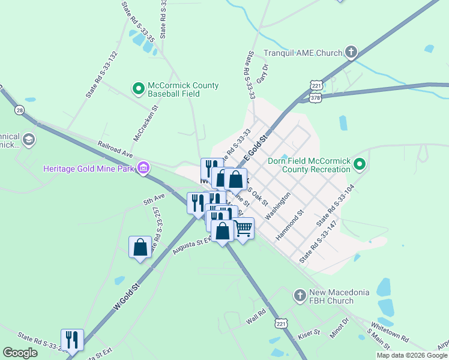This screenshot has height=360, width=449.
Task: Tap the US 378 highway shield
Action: pos(316,97)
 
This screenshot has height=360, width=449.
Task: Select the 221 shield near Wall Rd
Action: pos(281,323)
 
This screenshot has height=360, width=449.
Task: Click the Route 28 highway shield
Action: pos(20,110)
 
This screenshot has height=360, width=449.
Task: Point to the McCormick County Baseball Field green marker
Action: pos(139,89)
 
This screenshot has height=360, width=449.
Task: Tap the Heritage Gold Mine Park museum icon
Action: pos(143,167)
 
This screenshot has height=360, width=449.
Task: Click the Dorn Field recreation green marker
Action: pos(359,164)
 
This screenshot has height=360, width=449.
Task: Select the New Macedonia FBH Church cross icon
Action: pos(300,296)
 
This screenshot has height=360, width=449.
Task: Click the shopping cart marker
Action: pos(243,228)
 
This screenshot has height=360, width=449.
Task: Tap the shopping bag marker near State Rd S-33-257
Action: pos(140,247)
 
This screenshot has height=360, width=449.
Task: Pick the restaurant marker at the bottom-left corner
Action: pos(72,340)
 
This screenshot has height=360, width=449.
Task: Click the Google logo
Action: pos(20,353)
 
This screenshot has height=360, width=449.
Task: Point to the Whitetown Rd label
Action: pos(390,331)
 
